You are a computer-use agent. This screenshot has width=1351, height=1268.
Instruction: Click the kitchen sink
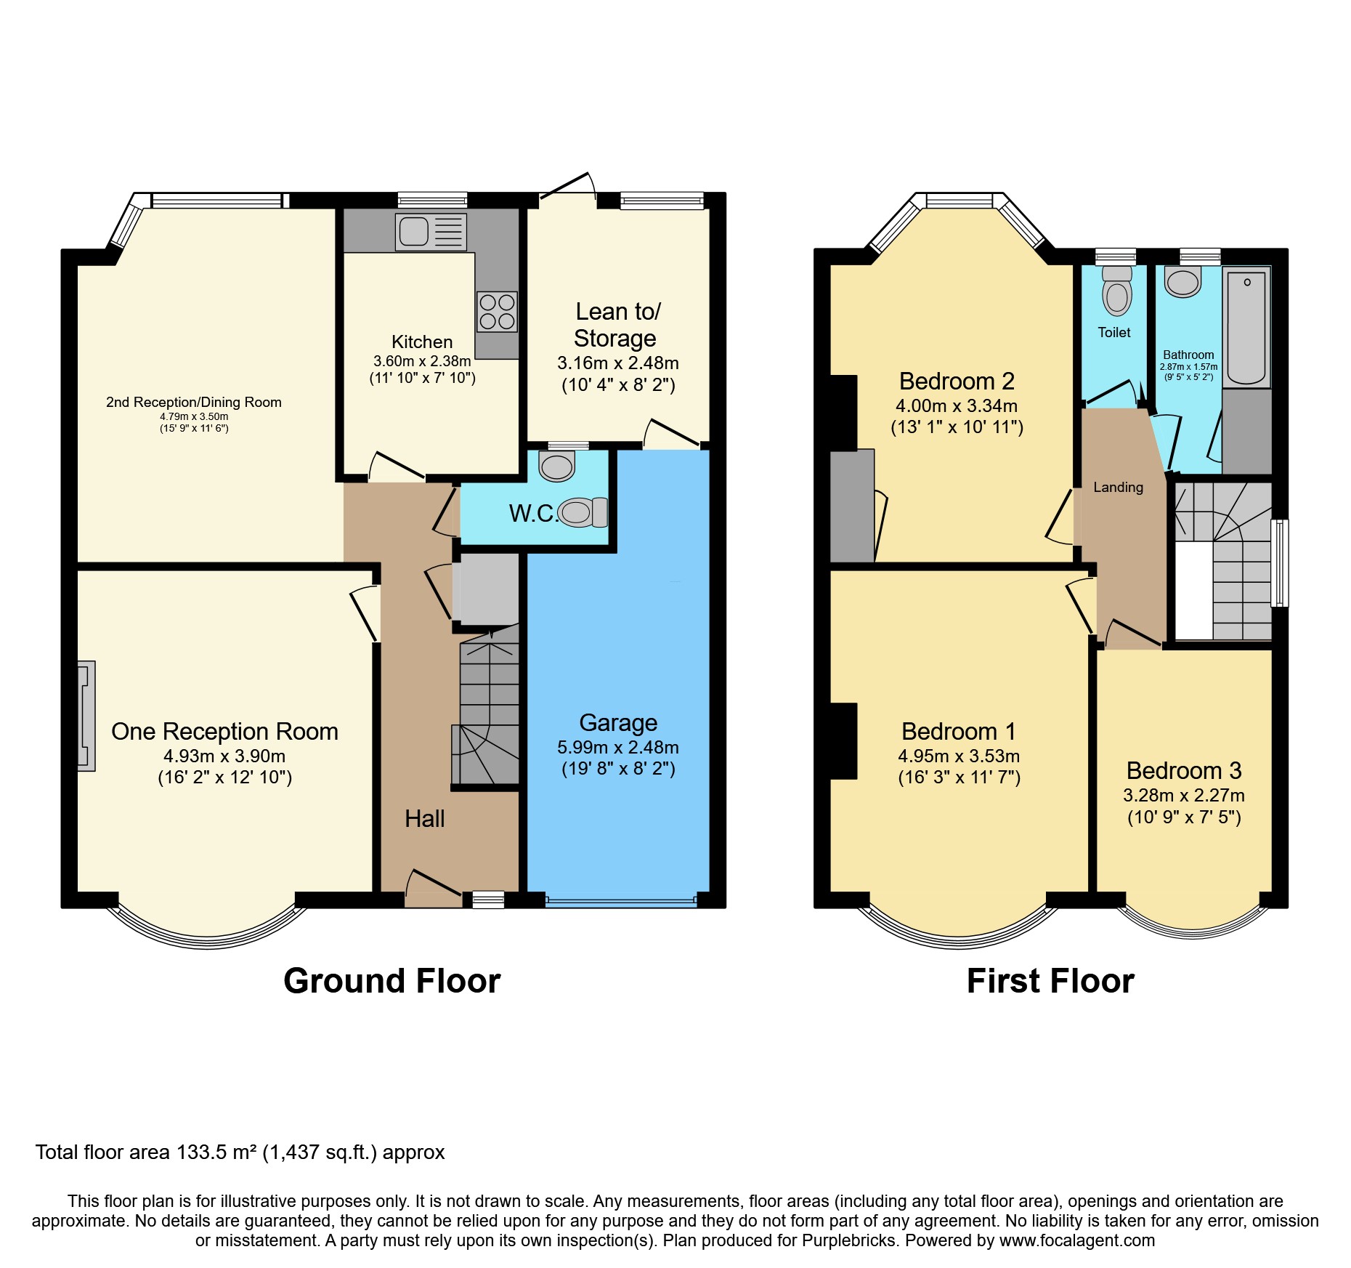pos(431,232)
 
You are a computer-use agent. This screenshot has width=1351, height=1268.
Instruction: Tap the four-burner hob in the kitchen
pos(498,312)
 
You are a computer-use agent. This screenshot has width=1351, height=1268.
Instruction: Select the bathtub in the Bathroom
pos(1246,327)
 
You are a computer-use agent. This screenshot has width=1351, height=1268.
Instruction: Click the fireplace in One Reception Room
pos(86,716)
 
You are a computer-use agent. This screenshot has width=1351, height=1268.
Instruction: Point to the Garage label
pos(618,723)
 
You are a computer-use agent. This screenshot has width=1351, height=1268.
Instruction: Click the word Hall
pos(424,819)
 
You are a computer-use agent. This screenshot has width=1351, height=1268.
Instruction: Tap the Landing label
pos(1118,488)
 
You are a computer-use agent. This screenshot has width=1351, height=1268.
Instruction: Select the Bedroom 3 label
pos(1184,770)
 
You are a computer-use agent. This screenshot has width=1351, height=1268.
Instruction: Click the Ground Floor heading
pos(392,981)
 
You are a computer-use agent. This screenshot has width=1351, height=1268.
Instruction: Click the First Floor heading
pos(1050,981)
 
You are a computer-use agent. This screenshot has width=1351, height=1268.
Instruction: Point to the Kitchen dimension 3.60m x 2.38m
pos(422,361)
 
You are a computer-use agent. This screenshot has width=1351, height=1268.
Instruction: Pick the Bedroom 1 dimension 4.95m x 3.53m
pos(959,756)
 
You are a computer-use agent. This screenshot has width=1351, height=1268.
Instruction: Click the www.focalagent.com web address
pos(1077,1240)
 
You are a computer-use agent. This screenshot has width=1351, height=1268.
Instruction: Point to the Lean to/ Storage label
pos(617,325)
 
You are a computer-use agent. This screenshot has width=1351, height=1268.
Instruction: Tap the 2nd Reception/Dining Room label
pos(194,403)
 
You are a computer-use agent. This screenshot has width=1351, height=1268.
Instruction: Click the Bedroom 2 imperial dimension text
pos(957,427)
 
